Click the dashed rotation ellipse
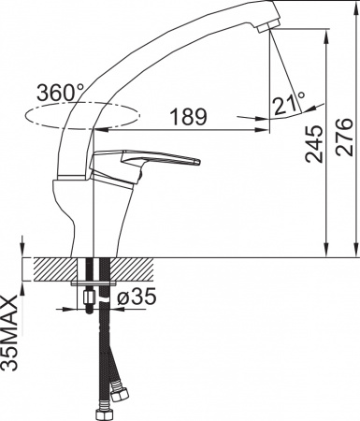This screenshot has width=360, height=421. point(84,118)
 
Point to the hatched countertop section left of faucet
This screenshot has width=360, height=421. point(51,268)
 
